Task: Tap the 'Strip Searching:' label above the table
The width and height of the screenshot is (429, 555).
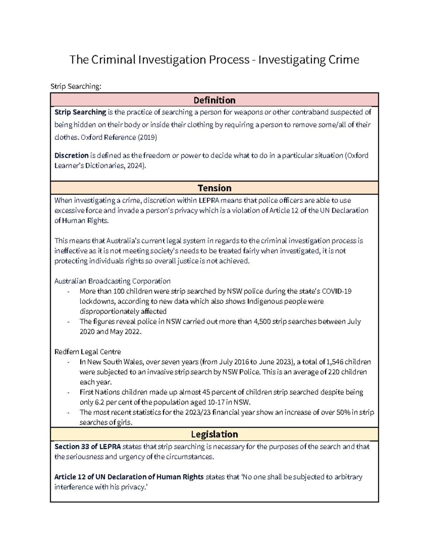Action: (76, 86)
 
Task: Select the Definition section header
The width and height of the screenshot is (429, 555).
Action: (214, 100)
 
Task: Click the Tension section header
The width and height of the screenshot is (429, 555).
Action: (214, 188)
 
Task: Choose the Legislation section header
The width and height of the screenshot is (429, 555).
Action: (214, 434)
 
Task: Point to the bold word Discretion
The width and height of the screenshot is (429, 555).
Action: (71, 155)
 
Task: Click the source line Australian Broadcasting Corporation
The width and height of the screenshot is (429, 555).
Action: (112, 281)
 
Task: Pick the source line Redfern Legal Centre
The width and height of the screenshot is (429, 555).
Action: (88, 352)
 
